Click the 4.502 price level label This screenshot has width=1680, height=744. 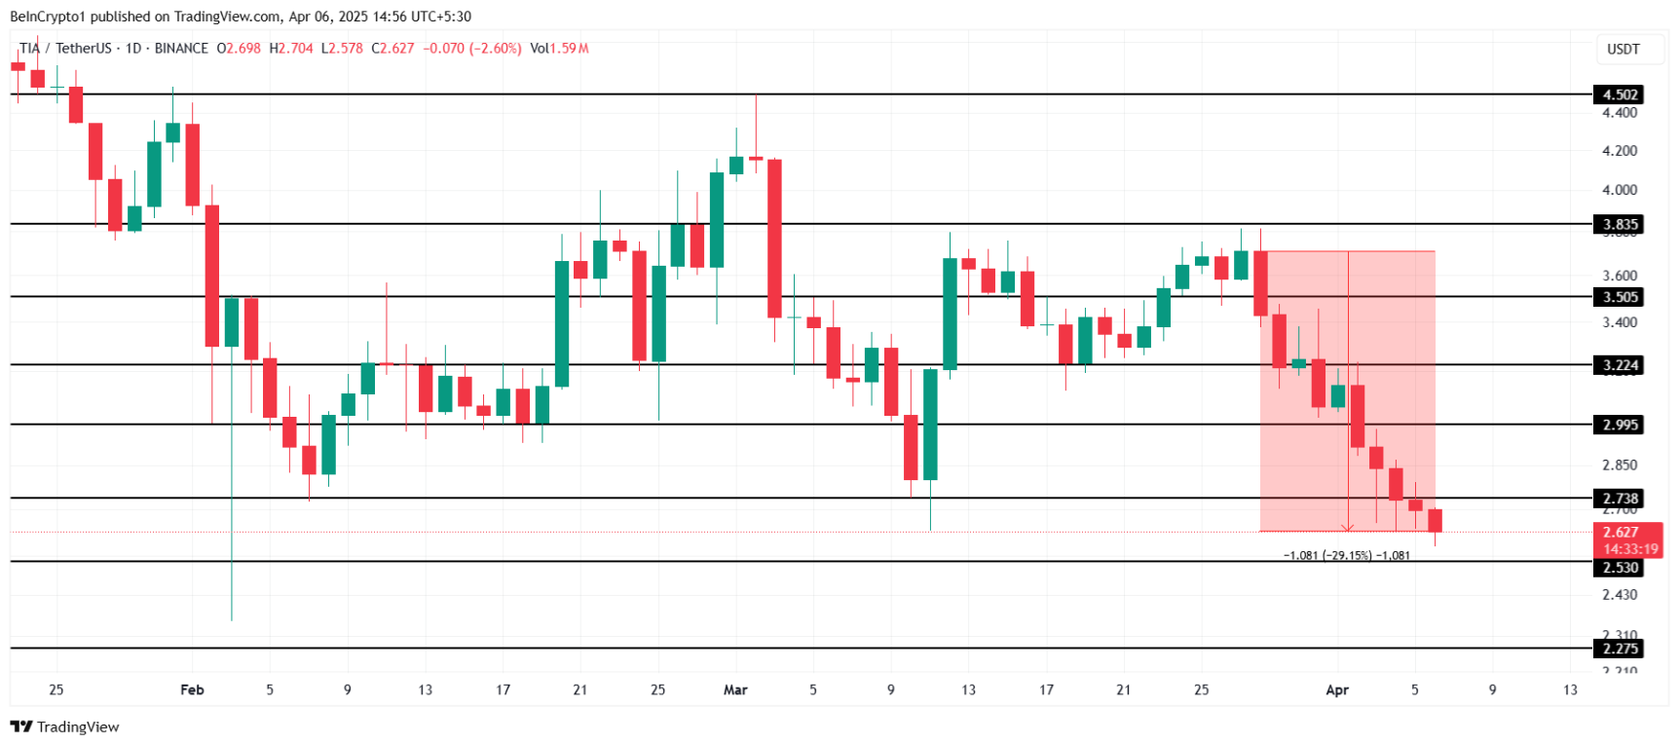tap(1620, 94)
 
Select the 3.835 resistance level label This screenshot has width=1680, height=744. tap(1620, 224)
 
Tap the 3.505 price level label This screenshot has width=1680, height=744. tap(1620, 297)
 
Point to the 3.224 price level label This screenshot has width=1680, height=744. tap(1620, 365)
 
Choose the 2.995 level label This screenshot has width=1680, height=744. tap(1620, 425)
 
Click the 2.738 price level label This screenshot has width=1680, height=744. tap(1620, 499)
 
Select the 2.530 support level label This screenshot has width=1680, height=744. tap(1620, 568)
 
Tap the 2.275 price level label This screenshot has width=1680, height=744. tap(1620, 649)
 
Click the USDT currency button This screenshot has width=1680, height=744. tap(1623, 50)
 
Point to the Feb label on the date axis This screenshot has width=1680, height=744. tap(192, 689)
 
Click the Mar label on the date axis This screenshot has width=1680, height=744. tap(735, 689)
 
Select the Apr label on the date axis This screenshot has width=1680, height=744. tap(1337, 689)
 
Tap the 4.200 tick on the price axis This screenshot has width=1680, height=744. tap(1620, 151)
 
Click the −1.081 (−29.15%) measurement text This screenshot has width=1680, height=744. tap(1346, 556)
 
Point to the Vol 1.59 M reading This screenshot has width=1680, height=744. tap(559, 49)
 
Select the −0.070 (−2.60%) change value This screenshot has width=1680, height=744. tap(472, 49)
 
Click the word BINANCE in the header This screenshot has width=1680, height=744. tap(181, 49)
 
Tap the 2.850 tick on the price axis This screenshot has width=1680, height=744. tap(1620, 465)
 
